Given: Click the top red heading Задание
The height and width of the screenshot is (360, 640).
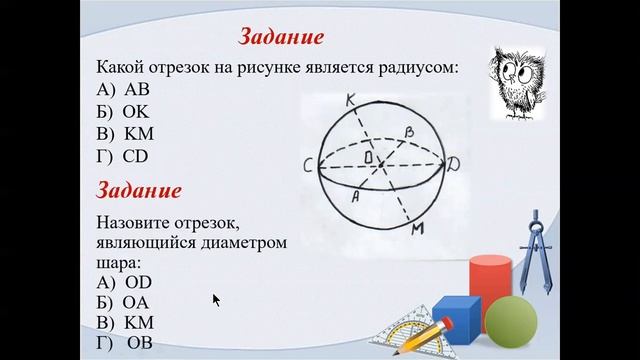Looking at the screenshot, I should pyautogui.click(x=282, y=38).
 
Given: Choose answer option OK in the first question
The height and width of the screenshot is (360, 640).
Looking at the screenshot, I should pyautogui.click(x=136, y=111).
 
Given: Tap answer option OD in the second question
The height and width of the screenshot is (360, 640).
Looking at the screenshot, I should pyautogui.click(x=137, y=282).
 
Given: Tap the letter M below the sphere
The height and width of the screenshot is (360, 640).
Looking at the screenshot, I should pyautogui.click(x=418, y=231).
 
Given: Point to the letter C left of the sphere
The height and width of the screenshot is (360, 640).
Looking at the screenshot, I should pyautogui.click(x=311, y=164).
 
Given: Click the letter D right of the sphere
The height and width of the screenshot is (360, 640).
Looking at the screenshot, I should pyautogui.click(x=455, y=161).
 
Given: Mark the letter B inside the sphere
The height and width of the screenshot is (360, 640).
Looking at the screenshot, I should pyautogui.click(x=407, y=131).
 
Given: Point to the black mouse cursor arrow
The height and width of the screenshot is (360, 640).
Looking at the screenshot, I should pyautogui.click(x=216, y=299).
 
